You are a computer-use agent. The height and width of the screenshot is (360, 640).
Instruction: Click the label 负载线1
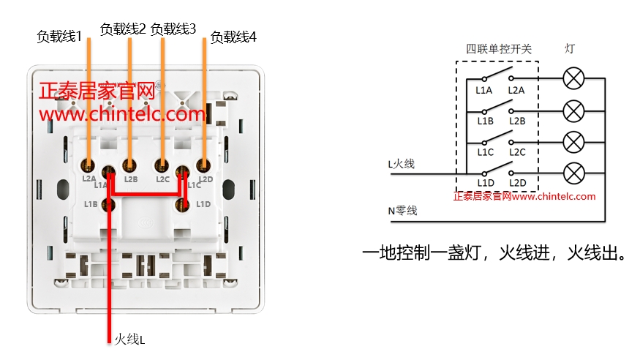(x=59, y=36)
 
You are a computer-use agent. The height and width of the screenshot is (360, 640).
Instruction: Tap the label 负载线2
(x=122, y=29)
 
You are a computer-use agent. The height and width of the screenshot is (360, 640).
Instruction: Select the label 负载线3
(x=173, y=29)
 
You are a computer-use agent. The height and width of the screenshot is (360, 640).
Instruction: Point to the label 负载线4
(x=233, y=37)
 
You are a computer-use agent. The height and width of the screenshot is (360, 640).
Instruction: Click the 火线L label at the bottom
(x=129, y=339)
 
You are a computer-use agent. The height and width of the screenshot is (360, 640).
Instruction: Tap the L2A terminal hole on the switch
(x=89, y=165)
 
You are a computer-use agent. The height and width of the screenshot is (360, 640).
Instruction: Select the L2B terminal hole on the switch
(x=130, y=165)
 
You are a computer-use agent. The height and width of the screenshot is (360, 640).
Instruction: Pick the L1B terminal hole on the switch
(x=109, y=204)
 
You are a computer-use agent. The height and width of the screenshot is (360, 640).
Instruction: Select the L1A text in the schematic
(x=484, y=91)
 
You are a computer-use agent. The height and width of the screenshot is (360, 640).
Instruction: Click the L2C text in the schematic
(x=517, y=151)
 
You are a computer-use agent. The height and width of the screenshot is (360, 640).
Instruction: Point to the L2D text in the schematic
(x=517, y=183)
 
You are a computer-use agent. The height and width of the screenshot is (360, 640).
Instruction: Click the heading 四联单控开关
(x=499, y=49)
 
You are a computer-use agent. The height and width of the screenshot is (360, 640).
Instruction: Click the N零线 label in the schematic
(x=402, y=211)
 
